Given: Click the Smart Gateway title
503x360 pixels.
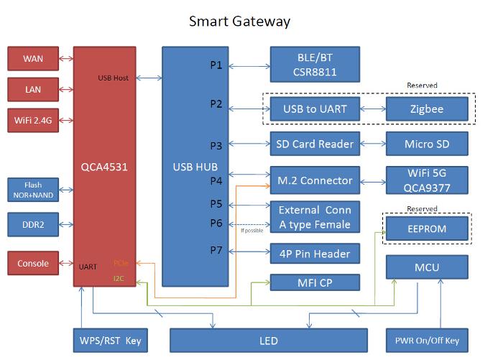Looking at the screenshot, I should click(239, 21).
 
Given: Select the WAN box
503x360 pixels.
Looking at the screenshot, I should click(32, 58).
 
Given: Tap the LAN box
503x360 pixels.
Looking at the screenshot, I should click(32, 88).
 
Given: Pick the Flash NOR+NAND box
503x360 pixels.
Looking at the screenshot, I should click(32, 189).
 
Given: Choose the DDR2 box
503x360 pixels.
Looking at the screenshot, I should click(32, 224).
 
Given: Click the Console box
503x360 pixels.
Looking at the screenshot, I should click(32, 264).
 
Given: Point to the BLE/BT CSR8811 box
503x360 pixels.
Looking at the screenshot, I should click(314, 65).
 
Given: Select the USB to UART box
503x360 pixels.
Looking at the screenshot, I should click(314, 109).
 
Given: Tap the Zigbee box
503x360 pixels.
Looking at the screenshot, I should click(427, 109).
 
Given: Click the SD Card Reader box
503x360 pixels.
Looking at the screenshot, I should click(314, 144).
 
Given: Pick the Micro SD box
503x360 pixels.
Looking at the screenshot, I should click(427, 144).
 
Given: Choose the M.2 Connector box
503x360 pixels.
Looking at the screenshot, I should click(314, 180).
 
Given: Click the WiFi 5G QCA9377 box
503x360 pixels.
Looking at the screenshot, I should click(427, 180).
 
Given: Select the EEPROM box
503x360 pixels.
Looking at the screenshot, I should click(427, 229).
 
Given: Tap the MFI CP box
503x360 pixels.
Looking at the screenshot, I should click(314, 282).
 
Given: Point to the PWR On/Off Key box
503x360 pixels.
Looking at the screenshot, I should click(427, 340).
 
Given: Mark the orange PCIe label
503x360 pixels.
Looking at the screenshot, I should click(121, 264).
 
